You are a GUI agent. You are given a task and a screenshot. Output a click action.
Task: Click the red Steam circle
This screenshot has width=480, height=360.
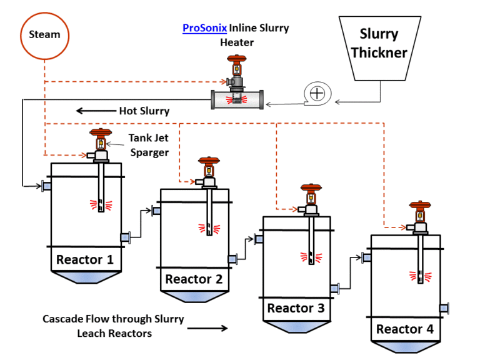coord(45,34)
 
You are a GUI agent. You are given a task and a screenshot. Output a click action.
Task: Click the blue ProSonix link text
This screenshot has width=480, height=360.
coord(204,28)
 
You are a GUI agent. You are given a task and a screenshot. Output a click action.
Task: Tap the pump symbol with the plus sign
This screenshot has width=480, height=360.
coord(317,94)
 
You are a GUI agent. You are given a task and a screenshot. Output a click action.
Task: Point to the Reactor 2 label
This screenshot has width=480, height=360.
coord(194,279)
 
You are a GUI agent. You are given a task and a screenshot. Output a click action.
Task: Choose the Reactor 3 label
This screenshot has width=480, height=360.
coord(296,308)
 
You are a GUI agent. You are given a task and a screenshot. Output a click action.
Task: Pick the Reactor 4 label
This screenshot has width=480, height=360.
coord(404,329)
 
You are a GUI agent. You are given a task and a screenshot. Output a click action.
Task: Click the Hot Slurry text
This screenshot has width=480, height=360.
coord(144,111)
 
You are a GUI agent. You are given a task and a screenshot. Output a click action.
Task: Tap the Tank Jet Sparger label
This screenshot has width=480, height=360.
coord(149,144)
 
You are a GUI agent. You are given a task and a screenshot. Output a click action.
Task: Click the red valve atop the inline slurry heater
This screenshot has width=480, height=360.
coord(236,64)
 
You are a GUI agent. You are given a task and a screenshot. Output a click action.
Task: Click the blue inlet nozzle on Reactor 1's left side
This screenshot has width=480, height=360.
coord(47,186)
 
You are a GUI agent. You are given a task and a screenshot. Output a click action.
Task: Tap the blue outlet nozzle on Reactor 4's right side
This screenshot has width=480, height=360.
coord(444,308)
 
